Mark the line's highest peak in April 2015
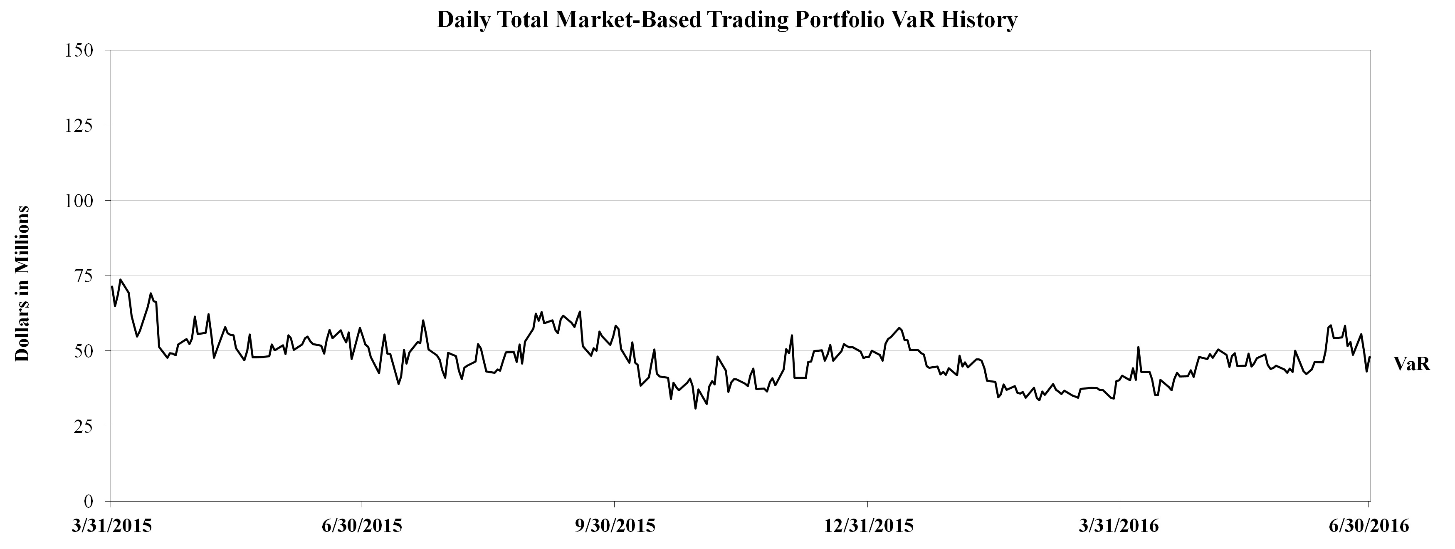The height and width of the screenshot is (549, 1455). (120, 279)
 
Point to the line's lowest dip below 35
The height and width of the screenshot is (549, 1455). (695, 408)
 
